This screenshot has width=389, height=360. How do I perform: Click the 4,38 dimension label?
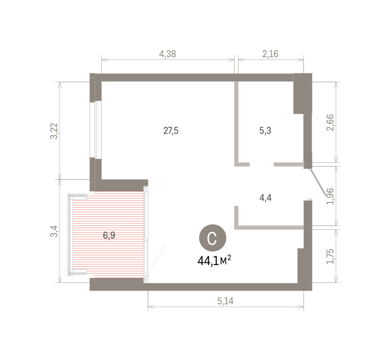point(168,54)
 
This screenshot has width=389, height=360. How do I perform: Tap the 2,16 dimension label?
point(270,54)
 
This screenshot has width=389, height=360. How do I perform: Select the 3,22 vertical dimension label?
point(54,131)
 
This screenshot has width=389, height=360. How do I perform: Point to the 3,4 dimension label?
point(54,231)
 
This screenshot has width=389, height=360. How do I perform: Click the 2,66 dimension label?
point(330,123)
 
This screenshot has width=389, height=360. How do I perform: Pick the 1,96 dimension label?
point(330,196)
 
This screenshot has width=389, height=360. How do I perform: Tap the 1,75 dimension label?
point(330,256)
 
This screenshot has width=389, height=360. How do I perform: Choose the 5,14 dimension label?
point(225,301)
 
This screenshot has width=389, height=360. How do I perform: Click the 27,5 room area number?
point(171,131)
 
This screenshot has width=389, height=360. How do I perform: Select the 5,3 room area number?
point(265,131)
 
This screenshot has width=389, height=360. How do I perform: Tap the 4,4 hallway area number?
point(265,198)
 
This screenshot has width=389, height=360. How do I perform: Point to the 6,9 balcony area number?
point(109,235)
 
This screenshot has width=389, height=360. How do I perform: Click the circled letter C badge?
point(213,238)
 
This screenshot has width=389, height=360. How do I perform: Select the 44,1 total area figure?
point(208,261)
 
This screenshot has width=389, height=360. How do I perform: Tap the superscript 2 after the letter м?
point(229,258)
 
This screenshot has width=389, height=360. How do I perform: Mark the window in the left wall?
point(96,130)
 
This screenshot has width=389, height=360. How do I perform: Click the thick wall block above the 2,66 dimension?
point(303,93)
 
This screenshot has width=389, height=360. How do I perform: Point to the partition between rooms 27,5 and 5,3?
point(236,124)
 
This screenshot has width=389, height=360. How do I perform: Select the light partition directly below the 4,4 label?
point(269,228)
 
